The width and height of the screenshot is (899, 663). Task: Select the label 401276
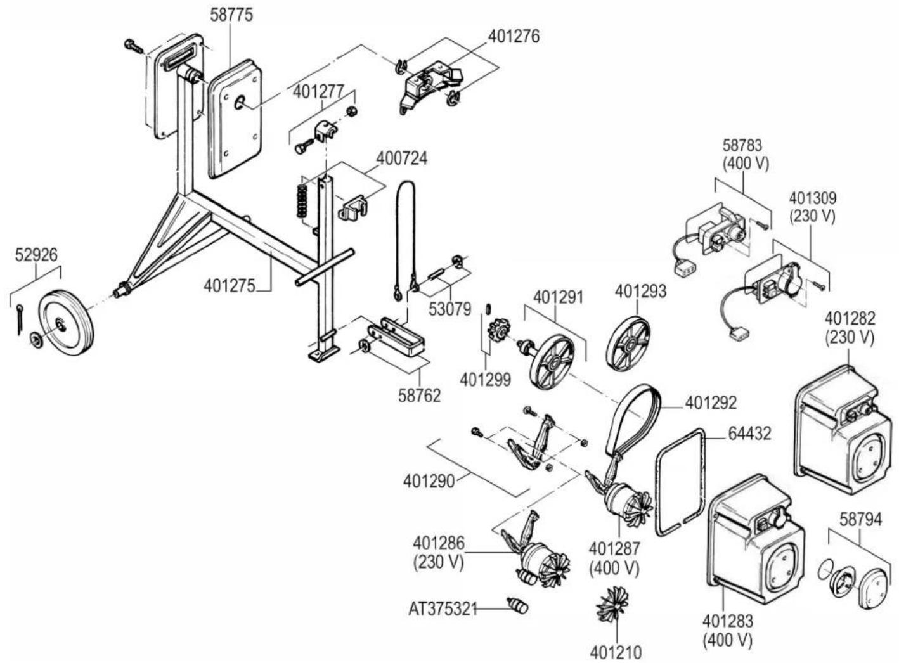(514, 36)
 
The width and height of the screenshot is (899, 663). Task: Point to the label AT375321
(443, 608)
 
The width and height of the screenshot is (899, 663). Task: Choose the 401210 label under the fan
(615, 651)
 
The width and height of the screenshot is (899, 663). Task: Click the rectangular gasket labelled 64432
(680, 482)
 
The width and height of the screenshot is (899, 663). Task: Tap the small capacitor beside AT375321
(519, 606)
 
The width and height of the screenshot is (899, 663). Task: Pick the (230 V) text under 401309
(812, 216)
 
